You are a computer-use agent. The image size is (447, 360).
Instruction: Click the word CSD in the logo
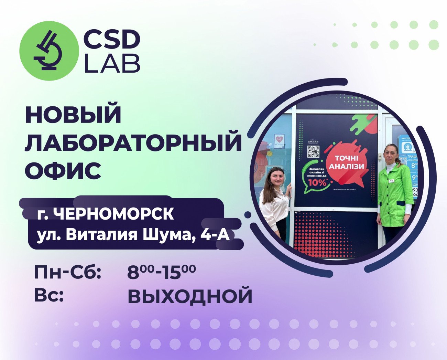pyautogui.click(x=112, y=39)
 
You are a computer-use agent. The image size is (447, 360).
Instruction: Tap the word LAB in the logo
pyautogui.click(x=112, y=63)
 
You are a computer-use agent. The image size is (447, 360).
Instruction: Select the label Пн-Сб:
pyautogui.click(x=68, y=273)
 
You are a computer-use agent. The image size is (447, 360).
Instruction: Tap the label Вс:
pyautogui.click(x=49, y=295)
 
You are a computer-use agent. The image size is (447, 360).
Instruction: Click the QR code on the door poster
pyautogui.click(x=313, y=151)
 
